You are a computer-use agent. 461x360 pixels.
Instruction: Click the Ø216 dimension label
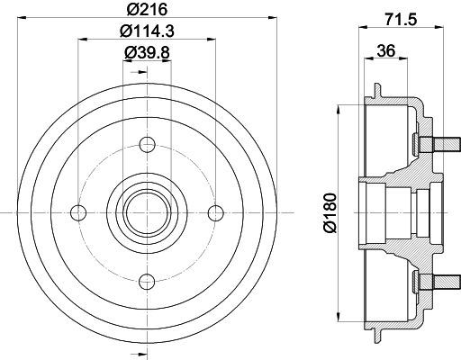(147, 9)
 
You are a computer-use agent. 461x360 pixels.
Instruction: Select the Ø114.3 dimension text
(147, 31)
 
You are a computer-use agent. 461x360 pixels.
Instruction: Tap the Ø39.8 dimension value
(147, 52)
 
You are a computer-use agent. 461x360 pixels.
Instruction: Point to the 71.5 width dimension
(401, 20)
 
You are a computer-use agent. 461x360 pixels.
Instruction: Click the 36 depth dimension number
(386, 50)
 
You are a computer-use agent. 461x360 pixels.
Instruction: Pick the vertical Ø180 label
(330, 212)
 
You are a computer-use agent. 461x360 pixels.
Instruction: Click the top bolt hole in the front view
(147, 144)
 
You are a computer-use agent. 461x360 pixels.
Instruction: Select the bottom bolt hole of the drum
(147, 282)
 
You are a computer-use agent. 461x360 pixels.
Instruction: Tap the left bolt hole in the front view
(78, 212)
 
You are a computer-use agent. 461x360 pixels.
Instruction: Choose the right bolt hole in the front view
(216, 212)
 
